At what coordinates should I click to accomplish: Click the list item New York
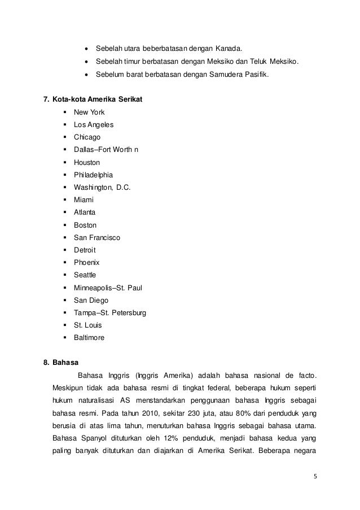pos(89,112)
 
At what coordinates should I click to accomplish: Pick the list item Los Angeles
pos(93,125)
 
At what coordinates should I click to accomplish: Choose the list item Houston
pos(87,162)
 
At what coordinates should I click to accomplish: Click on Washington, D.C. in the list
pos(102,187)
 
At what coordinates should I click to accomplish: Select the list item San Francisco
pos(97,237)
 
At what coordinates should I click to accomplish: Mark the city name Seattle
pos(85,275)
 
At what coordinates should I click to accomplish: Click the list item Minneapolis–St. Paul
pos(108,287)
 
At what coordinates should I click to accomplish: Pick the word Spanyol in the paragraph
pos(92,438)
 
